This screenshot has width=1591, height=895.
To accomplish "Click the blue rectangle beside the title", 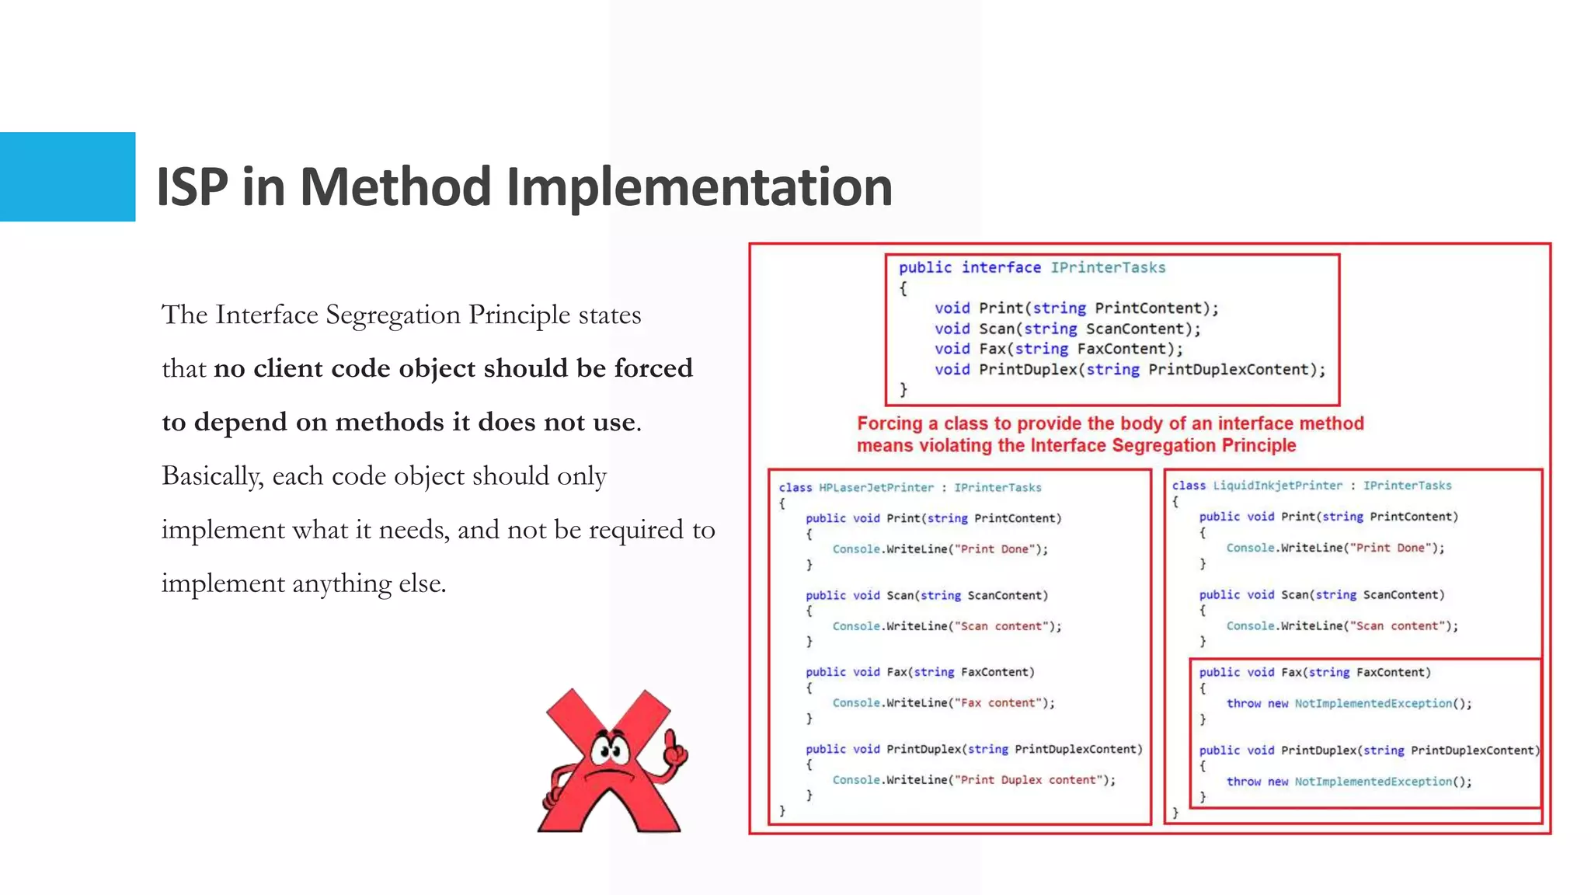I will pyautogui.click(x=68, y=176).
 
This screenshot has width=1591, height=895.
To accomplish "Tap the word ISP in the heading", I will pyautogui.click(x=192, y=187).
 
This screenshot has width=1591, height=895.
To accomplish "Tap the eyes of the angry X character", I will pyautogui.click(x=610, y=750).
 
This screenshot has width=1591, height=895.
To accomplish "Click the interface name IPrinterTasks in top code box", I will pyautogui.click(x=1108, y=267).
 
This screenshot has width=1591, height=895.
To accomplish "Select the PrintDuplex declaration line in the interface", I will pyautogui.click(x=1130, y=370).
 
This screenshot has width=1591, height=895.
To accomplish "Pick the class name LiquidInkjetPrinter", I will pyautogui.click(x=1277, y=486).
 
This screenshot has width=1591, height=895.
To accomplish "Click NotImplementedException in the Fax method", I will pyautogui.click(x=1373, y=704).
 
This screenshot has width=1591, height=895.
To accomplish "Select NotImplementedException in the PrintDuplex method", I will pyautogui.click(x=1373, y=782).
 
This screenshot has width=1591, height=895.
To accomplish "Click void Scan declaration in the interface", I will pyautogui.click(x=1067, y=329).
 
